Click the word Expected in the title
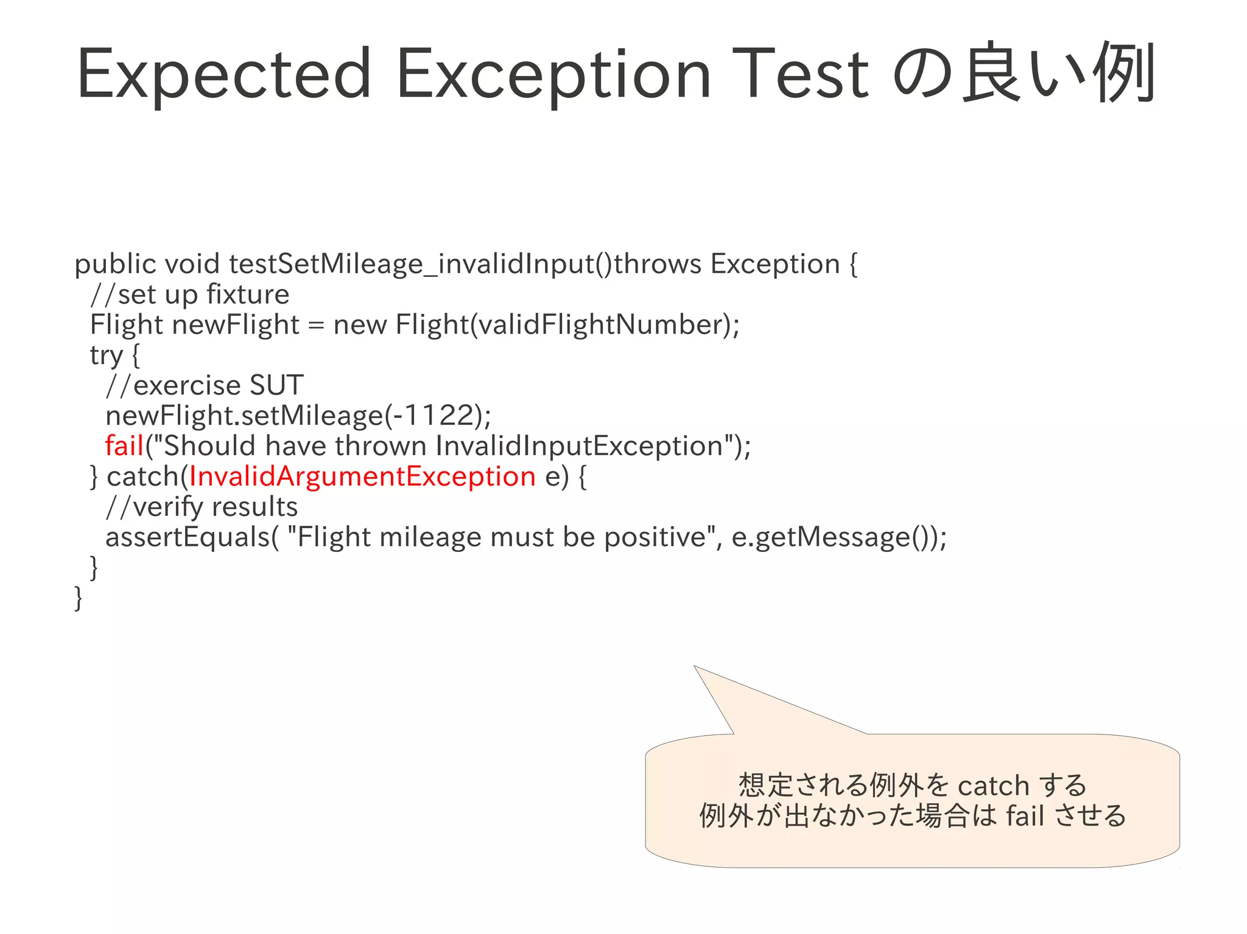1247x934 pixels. tap(223, 75)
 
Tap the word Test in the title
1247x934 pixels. tap(800, 75)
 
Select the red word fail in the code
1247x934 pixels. tap(124, 446)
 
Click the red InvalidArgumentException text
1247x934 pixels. tap(362, 476)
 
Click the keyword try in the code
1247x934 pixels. tap(107, 355)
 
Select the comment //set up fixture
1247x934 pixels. tap(189, 294)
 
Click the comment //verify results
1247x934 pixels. tap(202, 507)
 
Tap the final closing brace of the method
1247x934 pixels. tap(78, 598)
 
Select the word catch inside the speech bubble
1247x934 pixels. tap(993, 786)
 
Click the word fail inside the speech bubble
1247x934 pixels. tap(1025, 816)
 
